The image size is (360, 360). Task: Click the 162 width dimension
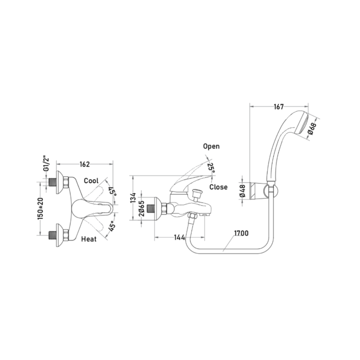point(84,164)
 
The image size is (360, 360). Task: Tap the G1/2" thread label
point(46,164)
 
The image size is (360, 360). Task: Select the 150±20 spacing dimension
point(40,208)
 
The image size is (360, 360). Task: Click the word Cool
point(91,181)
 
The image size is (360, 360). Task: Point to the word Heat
point(89,239)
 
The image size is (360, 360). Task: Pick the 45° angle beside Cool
point(113,191)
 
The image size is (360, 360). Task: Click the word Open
point(211,146)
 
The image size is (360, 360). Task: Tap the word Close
point(218,187)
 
